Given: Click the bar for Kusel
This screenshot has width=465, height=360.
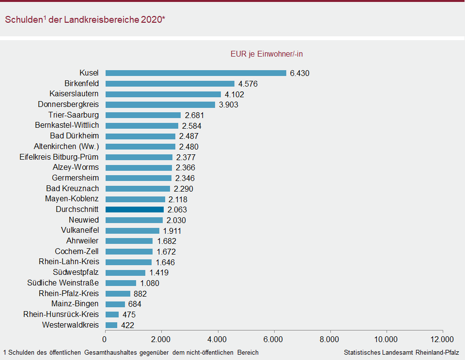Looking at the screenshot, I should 196,73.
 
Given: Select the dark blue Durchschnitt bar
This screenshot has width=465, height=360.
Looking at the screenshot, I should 134,210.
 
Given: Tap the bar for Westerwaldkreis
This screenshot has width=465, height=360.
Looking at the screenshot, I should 111,325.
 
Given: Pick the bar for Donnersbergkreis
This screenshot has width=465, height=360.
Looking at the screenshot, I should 160,105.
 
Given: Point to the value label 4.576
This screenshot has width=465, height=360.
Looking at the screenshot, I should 248,84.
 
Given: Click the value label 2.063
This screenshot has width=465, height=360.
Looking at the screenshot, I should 177,210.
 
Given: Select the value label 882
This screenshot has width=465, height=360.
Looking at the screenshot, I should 140,294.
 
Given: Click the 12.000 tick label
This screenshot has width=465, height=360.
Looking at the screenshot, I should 442,339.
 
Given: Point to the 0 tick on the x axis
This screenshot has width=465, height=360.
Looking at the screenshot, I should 105,339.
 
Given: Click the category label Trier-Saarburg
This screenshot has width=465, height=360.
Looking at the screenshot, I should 74,115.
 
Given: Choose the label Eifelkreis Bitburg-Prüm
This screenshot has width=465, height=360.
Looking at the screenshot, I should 59,157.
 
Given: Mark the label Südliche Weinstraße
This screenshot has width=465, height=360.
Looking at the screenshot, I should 63,283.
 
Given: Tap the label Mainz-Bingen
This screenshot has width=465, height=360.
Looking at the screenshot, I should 75,304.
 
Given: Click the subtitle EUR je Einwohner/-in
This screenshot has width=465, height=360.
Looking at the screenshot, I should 266,54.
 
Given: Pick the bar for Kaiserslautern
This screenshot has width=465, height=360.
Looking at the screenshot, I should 163,94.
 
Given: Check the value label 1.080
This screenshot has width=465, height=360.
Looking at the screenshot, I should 150,284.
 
